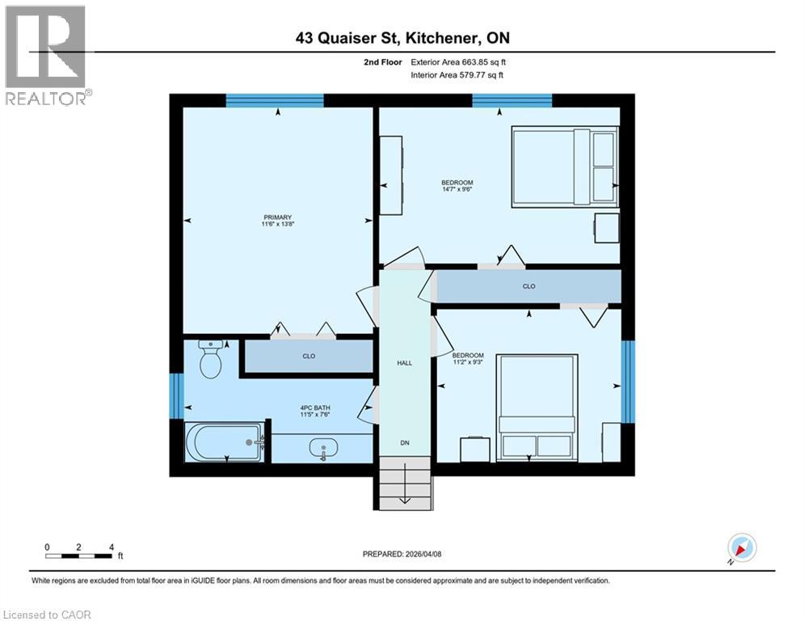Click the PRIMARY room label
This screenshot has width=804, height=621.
coord(277,218)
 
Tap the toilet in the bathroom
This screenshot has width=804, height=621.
coord(211,360)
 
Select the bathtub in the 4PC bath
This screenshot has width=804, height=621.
coord(224,442)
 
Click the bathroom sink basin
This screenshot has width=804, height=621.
coord(323,448)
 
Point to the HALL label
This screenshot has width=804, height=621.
coord(405,363)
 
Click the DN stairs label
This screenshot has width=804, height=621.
coord(405,442)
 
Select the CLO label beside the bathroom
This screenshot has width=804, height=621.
coord(309,357)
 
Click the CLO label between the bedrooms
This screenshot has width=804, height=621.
coord(528,286)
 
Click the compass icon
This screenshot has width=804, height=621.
coord(741,547)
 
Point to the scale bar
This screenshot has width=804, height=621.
coord(79,556)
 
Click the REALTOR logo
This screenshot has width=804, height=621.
coord(46,54)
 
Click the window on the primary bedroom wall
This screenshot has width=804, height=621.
coord(275,100)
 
